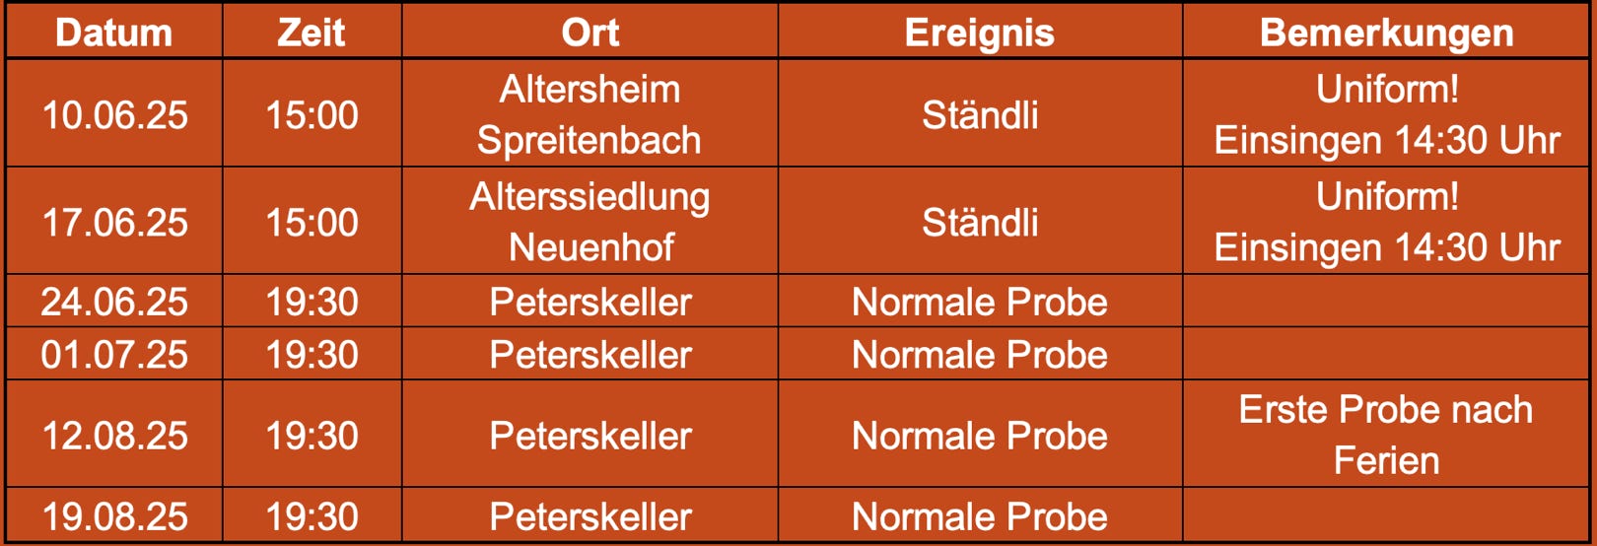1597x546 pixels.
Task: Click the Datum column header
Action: point(114,33)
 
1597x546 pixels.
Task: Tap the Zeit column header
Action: point(312,33)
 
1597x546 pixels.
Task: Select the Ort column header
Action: point(590,33)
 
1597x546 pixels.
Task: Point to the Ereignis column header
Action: point(980,34)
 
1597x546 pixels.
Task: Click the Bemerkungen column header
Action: point(1387,34)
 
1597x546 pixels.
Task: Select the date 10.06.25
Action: point(114,114)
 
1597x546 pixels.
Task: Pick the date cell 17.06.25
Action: point(114,223)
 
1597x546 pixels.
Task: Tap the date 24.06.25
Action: point(114,302)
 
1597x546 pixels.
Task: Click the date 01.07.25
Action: point(114,354)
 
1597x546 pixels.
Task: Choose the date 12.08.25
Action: point(114,436)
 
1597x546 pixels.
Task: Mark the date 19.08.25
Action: point(114,516)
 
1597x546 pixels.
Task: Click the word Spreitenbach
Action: point(589,140)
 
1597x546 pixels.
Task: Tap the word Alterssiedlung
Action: point(590,197)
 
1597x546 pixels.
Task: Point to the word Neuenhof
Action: point(591,247)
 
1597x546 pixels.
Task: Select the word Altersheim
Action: point(590,90)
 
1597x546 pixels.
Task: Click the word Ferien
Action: point(1387,460)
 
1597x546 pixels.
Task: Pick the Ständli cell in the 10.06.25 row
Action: point(980,114)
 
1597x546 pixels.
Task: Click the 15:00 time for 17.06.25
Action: point(312,223)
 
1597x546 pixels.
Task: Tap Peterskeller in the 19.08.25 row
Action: point(590,516)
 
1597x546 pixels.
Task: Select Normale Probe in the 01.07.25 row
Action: point(980,354)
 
